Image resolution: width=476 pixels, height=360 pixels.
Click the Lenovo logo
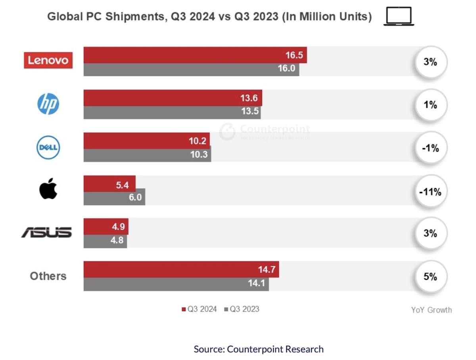tap(48, 60)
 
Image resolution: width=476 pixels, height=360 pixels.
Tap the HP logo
tap(48, 104)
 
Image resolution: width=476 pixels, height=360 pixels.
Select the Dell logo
tap(48, 147)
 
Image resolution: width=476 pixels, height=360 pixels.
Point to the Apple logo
tap(48, 189)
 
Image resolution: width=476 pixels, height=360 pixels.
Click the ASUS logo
tap(46, 233)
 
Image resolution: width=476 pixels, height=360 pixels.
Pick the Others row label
tap(48, 276)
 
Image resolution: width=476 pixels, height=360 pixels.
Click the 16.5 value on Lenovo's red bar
tap(294, 55)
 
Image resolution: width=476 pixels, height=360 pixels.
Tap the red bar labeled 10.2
tap(146, 141)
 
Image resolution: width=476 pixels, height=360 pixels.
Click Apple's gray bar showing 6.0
tap(114, 197)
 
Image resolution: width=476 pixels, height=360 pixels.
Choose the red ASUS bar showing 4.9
tap(106, 227)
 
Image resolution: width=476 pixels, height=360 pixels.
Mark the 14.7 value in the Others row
tap(267, 270)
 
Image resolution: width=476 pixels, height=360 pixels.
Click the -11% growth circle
tap(430, 192)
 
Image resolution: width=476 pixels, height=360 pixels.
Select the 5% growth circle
tap(430, 277)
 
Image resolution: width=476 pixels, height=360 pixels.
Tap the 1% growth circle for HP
tap(430, 105)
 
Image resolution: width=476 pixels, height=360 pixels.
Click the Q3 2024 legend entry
tap(199, 309)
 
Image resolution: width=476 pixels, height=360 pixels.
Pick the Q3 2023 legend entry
tap(242, 309)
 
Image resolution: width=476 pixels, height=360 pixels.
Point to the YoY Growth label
tap(431, 310)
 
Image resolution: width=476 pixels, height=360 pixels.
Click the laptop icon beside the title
tap(399, 17)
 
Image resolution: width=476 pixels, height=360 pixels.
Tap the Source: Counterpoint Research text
tap(259, 349)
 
